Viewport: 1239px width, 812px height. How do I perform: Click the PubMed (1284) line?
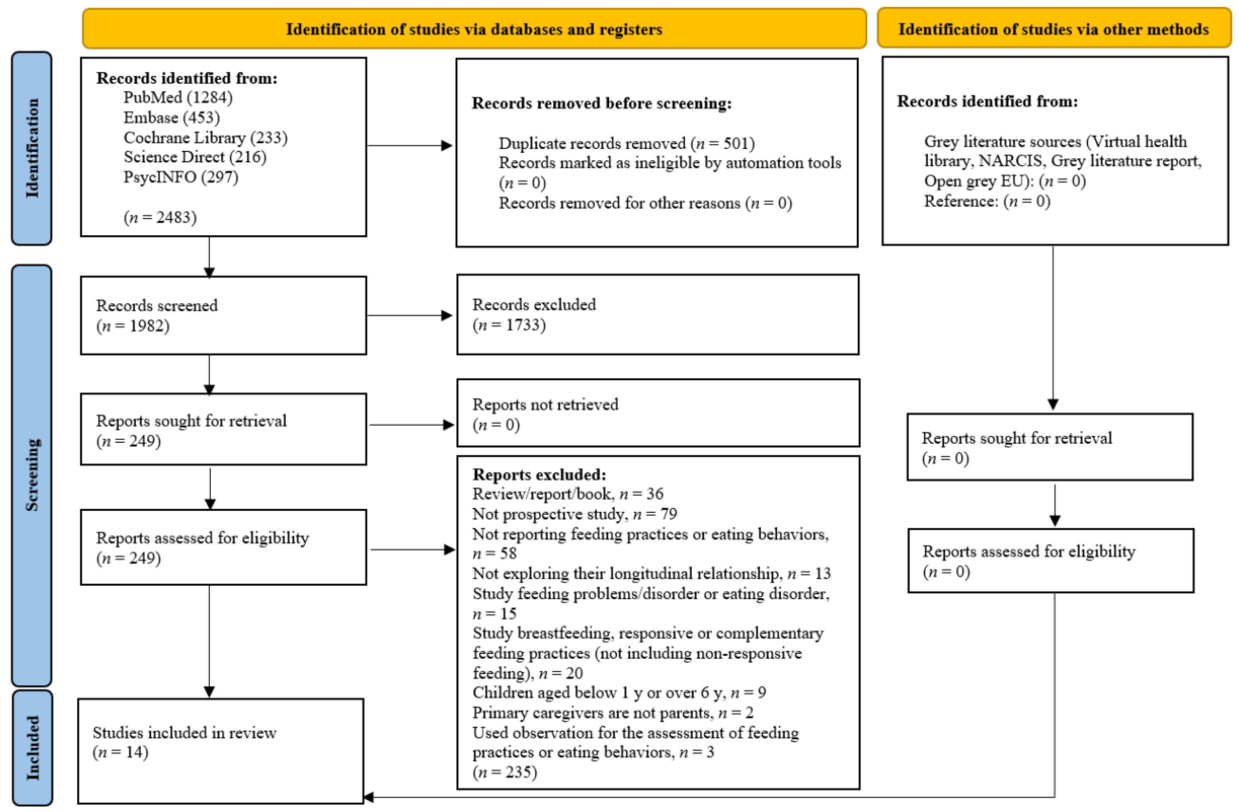[178, 97]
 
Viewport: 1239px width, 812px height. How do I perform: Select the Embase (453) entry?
[171, 118]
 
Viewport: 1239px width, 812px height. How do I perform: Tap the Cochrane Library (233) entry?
[205, 138]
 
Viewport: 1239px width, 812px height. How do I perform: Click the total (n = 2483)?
[160, 217]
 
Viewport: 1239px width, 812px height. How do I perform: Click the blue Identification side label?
[32, 148]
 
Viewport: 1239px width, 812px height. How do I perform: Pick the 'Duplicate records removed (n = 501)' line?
[626, 143]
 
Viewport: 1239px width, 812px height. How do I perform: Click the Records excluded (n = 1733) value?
[508, 325]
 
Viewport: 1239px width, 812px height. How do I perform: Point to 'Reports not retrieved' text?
[545, 404]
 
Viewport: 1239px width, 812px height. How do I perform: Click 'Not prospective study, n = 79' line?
[574, 514]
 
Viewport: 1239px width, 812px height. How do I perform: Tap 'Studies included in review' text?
[184, 732]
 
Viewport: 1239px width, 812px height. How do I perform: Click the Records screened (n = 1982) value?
[133, 326]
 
